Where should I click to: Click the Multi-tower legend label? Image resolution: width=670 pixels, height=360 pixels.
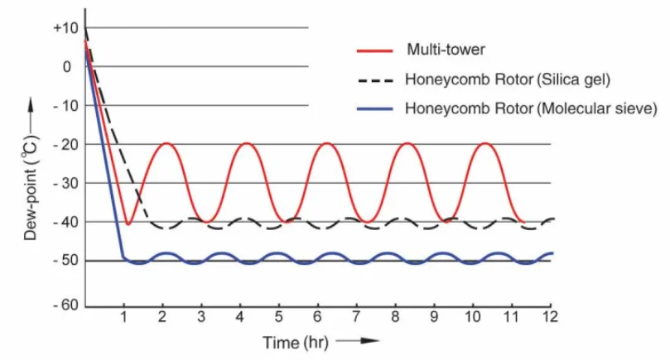445,50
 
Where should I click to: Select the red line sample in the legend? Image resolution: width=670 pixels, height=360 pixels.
375,50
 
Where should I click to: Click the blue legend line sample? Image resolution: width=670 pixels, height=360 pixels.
375,108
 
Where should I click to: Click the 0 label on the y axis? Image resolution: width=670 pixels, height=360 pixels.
68,67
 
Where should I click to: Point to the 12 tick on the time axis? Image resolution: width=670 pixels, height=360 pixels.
548,318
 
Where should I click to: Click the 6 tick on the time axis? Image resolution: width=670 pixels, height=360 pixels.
316,318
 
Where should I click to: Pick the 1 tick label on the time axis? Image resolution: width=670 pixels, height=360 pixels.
123,318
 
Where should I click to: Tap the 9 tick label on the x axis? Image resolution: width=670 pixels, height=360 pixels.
433,318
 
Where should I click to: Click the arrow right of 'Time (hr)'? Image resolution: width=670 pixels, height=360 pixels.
358,341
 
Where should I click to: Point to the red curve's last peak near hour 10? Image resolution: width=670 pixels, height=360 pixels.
485,143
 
